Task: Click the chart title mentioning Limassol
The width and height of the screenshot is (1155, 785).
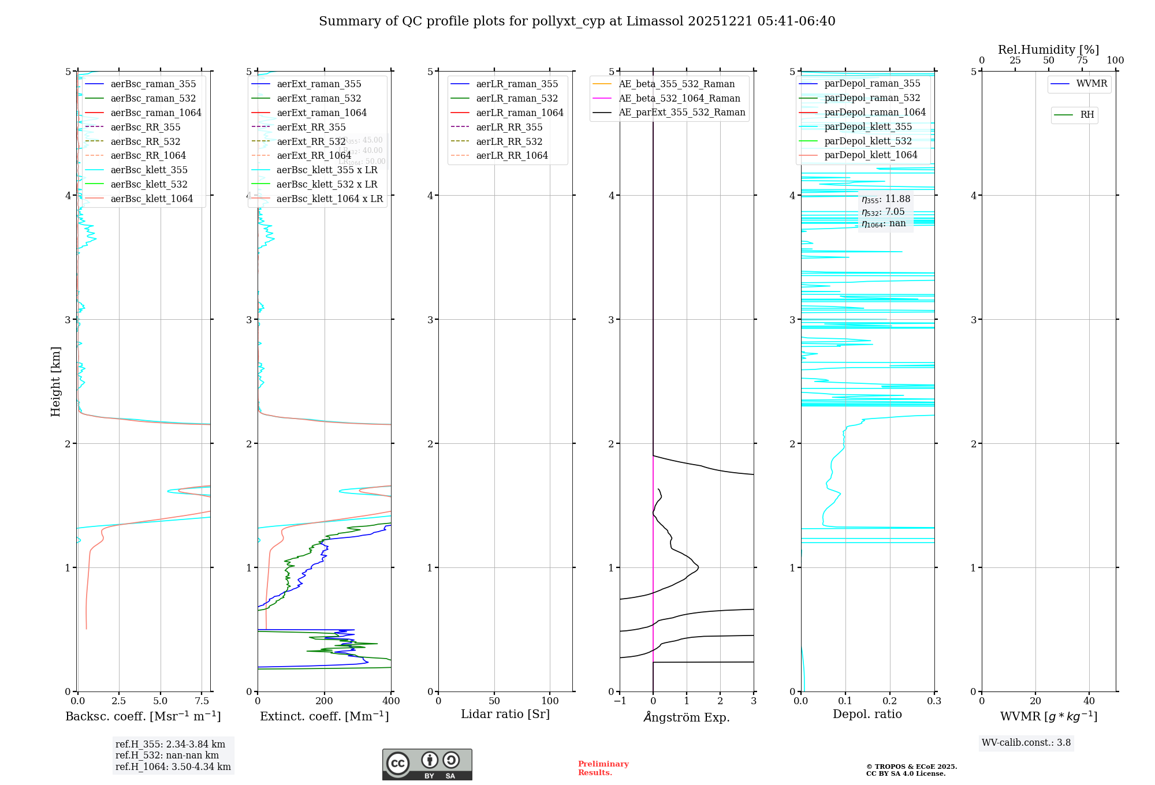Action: click(x=577, y=21)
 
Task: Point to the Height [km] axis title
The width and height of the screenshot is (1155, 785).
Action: click(x=55, y=382)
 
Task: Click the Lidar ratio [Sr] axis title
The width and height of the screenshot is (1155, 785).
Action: click(x=505, y=715)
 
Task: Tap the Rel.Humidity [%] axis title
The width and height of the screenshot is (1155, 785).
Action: click(x=1048, y=50)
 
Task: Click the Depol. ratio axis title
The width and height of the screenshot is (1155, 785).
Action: click(x=867, y=715)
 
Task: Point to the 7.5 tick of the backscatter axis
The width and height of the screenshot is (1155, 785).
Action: click(x=202, y=701)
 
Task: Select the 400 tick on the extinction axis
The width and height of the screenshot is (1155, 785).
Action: click(x=391, y=701)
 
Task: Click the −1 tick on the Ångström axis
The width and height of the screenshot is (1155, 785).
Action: click(x=620, y=701)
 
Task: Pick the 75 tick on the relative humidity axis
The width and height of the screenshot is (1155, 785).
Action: click(x=1082, y=61)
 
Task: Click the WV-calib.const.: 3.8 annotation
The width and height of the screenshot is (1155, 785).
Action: click(x=1026, y=743)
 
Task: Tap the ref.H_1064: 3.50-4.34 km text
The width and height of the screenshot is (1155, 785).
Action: click(x=173, y=767)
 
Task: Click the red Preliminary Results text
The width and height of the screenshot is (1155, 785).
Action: click(x=603, y=768)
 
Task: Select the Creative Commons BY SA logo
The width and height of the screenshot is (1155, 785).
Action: click(x=427, y=765)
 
